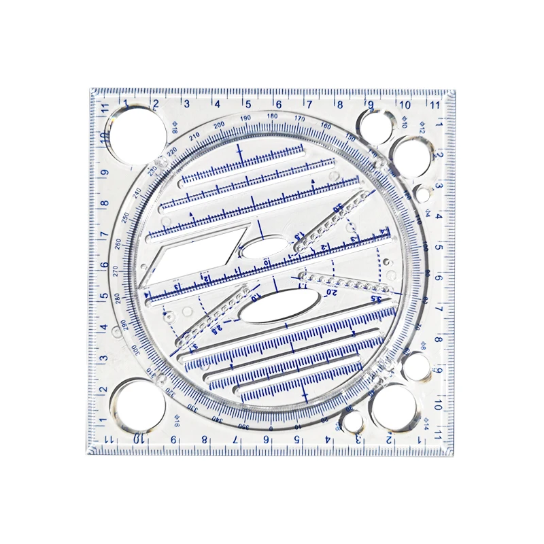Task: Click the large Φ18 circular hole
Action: (x=135, y=133)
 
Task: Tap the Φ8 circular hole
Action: (x=416, y=367)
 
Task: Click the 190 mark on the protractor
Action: (x=245, y=119)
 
